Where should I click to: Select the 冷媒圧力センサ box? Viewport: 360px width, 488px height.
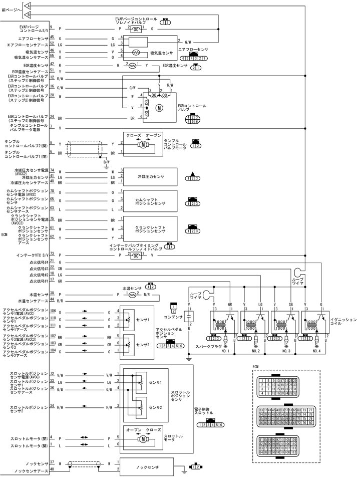pyautogui.click(x=151, y=177)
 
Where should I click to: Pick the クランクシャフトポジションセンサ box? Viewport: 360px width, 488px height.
pyautogui.click(x=151, y=229)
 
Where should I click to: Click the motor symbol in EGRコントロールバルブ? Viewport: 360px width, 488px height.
pyautogui.click(x=158, y=107)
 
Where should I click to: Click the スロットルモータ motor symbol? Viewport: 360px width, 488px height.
pyautogui.click(x=143, y=439)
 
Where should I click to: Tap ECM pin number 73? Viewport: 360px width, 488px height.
pyautogui.click(x=52, y=254)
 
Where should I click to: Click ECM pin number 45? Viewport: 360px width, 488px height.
pyautogui.click(x=52, y=38)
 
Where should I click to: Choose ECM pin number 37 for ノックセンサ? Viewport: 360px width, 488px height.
pyautogui.click(x=52, y=461)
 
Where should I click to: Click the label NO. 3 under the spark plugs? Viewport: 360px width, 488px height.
pyautogui.click(x=286, y=351)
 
